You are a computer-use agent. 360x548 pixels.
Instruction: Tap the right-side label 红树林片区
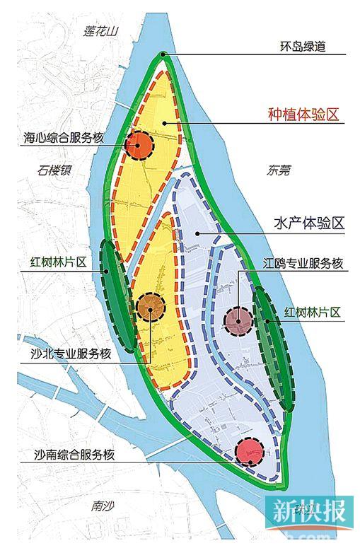(313, 311)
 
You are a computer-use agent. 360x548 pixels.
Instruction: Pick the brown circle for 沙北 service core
(151, 306)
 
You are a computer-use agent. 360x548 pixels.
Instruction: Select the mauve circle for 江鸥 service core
(239, 320)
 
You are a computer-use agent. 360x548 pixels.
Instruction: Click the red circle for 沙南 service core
(249, 450)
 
